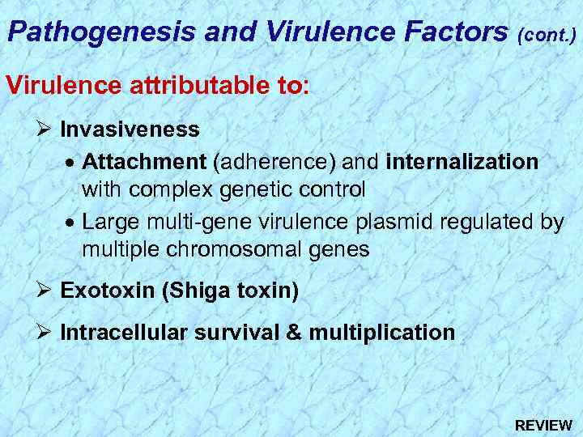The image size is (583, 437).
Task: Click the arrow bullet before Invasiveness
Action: pos(45,129)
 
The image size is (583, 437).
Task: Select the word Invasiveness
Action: pos(130,129)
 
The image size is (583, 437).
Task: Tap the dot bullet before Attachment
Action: pos(71,161)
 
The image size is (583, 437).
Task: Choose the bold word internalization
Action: pos(462,161)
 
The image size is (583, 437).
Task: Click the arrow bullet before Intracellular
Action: pos(45,332)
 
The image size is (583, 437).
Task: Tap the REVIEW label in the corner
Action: pos(543,425)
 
